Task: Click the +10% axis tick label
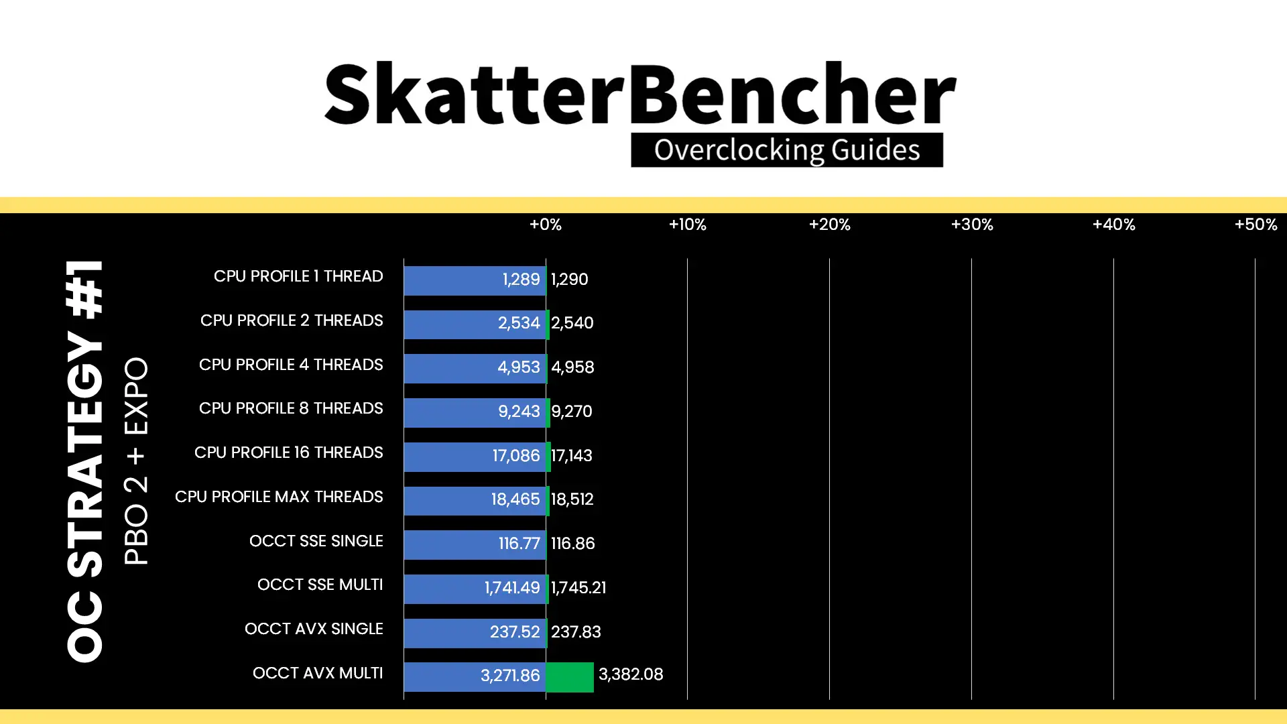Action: click(687, 225)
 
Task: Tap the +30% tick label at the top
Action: click(972, 225)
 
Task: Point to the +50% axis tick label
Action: click(1255, 225)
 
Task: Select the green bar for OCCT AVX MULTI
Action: click(570, 676)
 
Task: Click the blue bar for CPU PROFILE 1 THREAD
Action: click(475, 280)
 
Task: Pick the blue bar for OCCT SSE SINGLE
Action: click(475, 544)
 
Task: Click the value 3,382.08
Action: click(631, 674)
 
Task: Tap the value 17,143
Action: click(572, 456)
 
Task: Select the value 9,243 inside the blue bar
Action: click(519, 412)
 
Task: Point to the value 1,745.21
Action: click(578, 588)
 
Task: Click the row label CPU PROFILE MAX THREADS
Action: click(279, 497)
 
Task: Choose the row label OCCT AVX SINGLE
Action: click(314, 629)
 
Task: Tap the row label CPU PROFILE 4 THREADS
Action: click(291, 365)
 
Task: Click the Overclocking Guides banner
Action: click(787, 149)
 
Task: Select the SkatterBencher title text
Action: click(640, 94)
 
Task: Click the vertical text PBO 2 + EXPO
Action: click(136, 461)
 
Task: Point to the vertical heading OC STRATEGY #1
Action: click(86, 461)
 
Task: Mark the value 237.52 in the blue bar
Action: click(515, 632)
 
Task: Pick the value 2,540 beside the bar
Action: click(572, 323)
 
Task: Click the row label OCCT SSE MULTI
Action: click(320, 585)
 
